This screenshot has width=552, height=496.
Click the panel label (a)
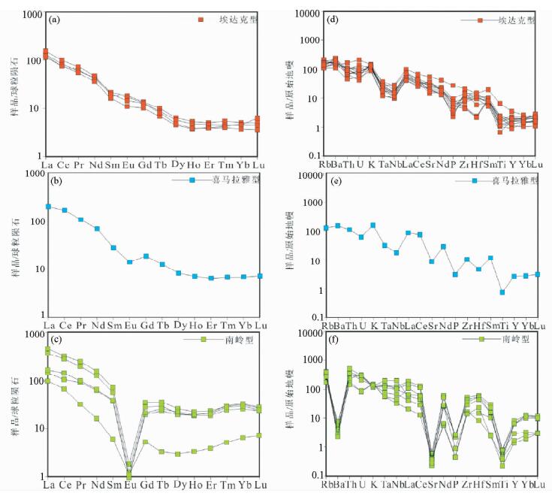pyautogui.click(x=54, y=20)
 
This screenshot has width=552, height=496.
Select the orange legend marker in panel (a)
pyautogui.click(x=201, y=20)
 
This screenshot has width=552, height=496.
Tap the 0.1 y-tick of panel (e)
pyautogui.click(x=310, y=318)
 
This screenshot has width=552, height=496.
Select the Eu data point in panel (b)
pyautogui.click(x=129, y=262)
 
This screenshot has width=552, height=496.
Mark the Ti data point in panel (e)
pyautogui.click(x=502, y=292)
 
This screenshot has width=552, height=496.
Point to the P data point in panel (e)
pyautogui.click(x=454, y=274)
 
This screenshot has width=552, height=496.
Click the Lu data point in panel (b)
pyautogui.click(x=260, y=276)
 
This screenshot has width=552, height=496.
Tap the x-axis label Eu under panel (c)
pyautogui.click(x=129, y=485)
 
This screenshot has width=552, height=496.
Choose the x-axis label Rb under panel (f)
pyautogui.click(x=326, y=485)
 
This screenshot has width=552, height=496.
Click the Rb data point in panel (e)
pyautogui.click(x=326, y=228)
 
